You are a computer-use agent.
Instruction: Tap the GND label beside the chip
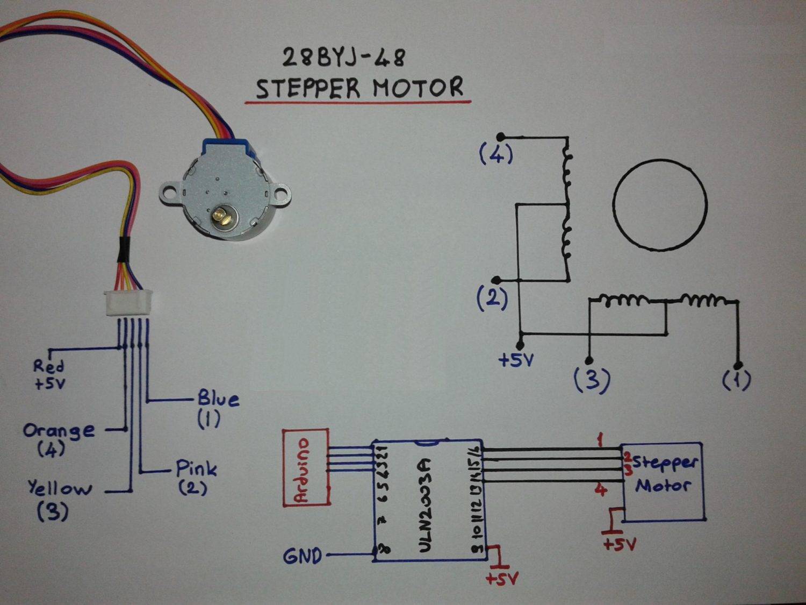pyautogui.click(x=303, y=556)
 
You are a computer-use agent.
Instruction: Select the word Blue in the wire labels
pyautogui.click(x=218, y=399)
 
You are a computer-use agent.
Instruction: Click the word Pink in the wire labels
pyautogui.click(x=197, y=468)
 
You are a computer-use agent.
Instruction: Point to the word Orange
pyautogui.click(x=59, y=430)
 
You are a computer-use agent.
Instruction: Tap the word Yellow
pyautogui.click(x=60, y=488)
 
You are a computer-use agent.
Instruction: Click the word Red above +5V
pyautogui.click(x=48, y=366)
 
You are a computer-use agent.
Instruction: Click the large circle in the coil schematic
pyautogui.click(x=660, y=204)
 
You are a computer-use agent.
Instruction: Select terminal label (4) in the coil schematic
pyautogui.click(x=496, y=155)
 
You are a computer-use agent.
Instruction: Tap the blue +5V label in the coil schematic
pyautogui.click(x=516, y=360)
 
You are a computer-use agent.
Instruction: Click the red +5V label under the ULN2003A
pyautogui.click(x=501, y=579)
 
